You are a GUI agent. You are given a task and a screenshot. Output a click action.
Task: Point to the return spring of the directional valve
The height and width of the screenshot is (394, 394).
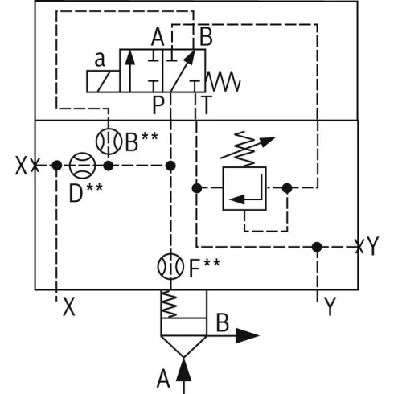click(x=223, y=81)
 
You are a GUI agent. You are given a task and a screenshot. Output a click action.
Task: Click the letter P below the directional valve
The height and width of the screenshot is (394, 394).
click(x=158, y=105)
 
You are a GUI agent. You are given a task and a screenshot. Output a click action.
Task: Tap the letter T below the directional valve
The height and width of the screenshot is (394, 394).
click(x=207, y=105)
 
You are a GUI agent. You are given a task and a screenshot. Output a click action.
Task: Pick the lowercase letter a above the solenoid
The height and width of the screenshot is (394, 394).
click(x=100, y=60)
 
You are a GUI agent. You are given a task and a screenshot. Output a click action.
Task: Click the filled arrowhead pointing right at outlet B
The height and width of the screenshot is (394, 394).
click(x=247, y=335)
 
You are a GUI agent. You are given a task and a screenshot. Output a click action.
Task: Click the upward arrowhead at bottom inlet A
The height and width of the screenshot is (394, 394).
click(x=184, y=370)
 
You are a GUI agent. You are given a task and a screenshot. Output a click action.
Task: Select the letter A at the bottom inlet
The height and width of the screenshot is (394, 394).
click(x=163, y=379)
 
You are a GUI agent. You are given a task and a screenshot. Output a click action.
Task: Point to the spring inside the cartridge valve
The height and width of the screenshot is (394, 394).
click(x=169, y=304)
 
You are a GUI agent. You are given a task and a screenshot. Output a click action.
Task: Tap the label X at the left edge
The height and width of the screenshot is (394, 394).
click(x=21, y=166)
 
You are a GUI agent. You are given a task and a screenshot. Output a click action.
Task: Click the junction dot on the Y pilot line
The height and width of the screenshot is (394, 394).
click(x=317, y=247)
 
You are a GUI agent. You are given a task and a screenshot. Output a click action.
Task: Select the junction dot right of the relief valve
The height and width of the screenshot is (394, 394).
click(x=287, y=188)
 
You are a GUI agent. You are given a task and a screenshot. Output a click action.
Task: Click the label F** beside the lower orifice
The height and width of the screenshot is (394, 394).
click(x=204, y=268)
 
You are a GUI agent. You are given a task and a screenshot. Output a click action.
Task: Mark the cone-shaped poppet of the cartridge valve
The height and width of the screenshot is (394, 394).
click(x=184, y=345)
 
